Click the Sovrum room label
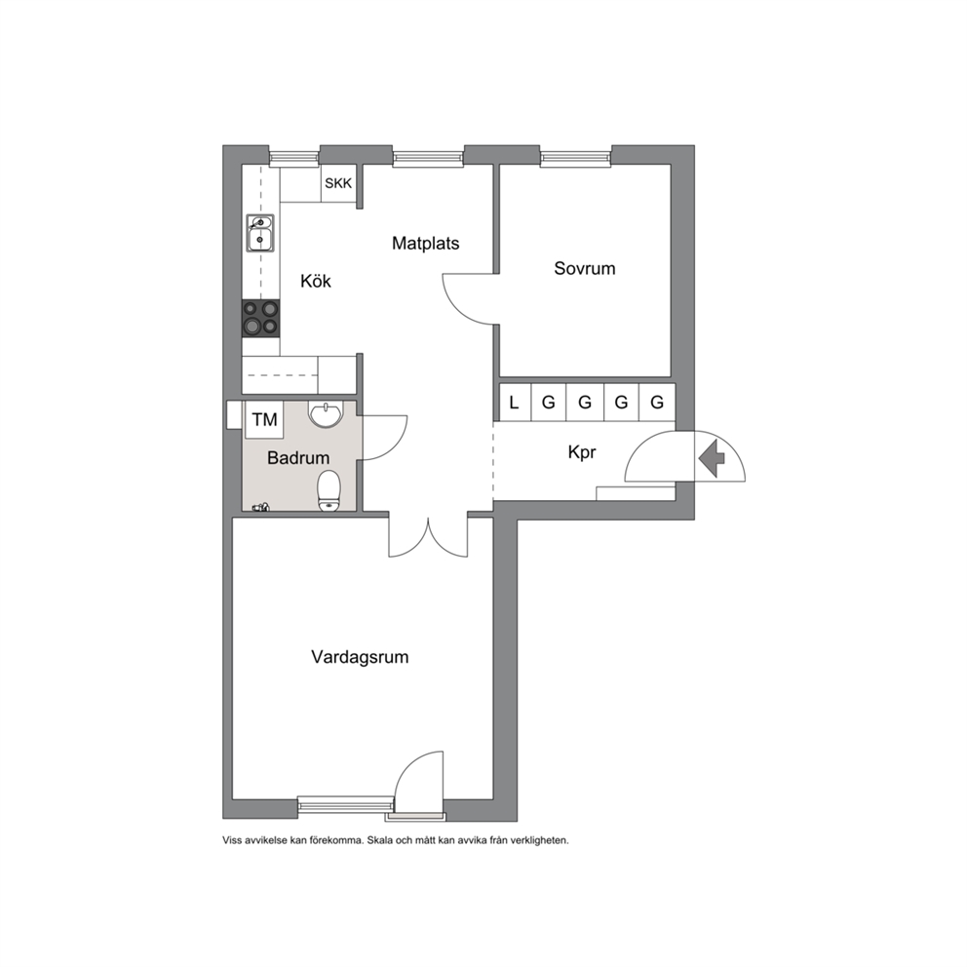coord(585,268)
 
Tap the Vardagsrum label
coord(360,657)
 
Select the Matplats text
coord(426,243)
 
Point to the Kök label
coord(316,281)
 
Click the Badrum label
coord(298,457)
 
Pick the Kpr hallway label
coord(582,452)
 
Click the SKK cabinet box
coord(338,183)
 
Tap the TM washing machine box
coord(264,419)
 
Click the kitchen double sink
coord(260,233)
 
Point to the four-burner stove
coord(260,318)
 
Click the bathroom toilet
coord(329,491)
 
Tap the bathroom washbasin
coord(325,414)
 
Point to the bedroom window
coord(575,158)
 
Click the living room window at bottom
coord(345,803)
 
